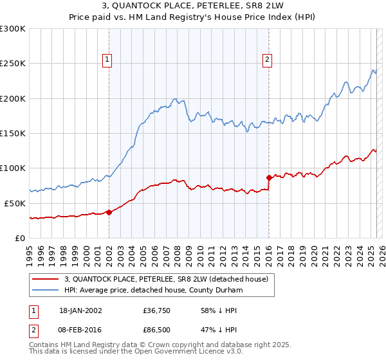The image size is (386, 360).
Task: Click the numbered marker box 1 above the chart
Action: pyautogui.click(x=107, y=60)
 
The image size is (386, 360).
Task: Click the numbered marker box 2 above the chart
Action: pyautogui.click(x=267, y=60)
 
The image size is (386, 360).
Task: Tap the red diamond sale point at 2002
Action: pyautogui.click(x=109, y=212)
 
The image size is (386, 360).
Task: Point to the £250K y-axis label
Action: pyautogui.click(x=13, y=64)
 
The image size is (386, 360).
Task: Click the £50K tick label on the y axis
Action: pyautogui.click(x=15, y=203)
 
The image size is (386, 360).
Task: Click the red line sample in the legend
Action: pyautogui.click(x=46, y=279)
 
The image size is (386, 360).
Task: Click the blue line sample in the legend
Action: pyautogui.click(x=46, y=291)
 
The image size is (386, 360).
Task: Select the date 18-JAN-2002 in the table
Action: pyautogui.click(x=80, y=310)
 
